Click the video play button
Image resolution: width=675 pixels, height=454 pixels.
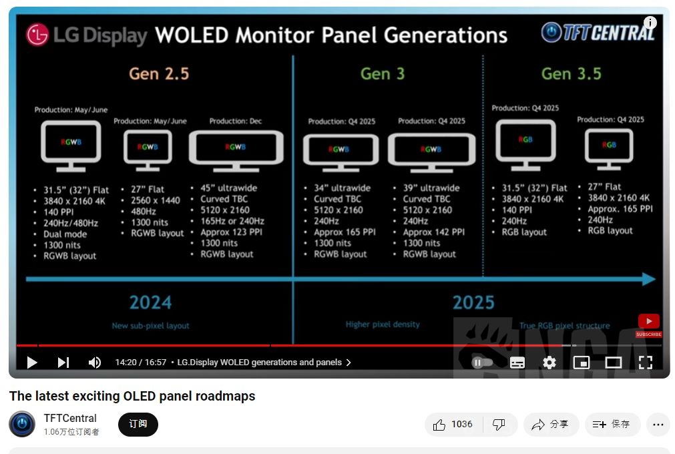click(31, 363)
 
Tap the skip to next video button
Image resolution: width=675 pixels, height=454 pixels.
click(63, 363)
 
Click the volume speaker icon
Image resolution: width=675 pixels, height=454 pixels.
click(95, 363)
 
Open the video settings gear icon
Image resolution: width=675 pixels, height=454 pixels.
click(549, 363)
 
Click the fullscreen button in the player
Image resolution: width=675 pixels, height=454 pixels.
click(645, 363)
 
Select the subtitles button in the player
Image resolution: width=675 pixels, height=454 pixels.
click(517, 363)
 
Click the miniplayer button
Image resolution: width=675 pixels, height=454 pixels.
click(582, 363)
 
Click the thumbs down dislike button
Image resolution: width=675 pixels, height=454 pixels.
click(499, 425)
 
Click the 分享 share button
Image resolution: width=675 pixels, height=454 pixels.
click(550, 425)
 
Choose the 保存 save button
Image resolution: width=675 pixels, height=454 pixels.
click(612, 425)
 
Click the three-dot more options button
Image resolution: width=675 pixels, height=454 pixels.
click(658, 425)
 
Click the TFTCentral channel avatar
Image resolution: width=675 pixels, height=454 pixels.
click(22, 424)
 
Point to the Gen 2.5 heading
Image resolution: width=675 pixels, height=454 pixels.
click(159, 73)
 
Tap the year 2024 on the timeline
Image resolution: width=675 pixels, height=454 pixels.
click(150, 302)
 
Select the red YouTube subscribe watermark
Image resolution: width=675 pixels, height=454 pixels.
click(648, 324)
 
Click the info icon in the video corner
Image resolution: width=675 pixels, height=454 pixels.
click(650, 23)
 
